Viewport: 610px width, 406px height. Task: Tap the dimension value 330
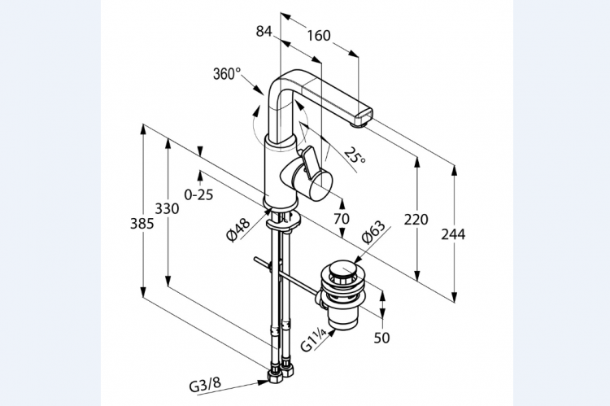click(x=167, y=209)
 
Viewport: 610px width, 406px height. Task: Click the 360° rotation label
click(x=226, y=74)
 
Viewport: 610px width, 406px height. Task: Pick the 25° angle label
click(x=354, y=155)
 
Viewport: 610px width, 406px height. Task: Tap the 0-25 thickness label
click(x=198, y=194)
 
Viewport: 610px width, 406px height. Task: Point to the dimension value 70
click(x=341, y=218)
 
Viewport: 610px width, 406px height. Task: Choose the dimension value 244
click(x=453, y=234)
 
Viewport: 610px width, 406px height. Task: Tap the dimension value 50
click(x=381, y=337)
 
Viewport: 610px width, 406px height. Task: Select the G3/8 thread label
click(x=204, y=381)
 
